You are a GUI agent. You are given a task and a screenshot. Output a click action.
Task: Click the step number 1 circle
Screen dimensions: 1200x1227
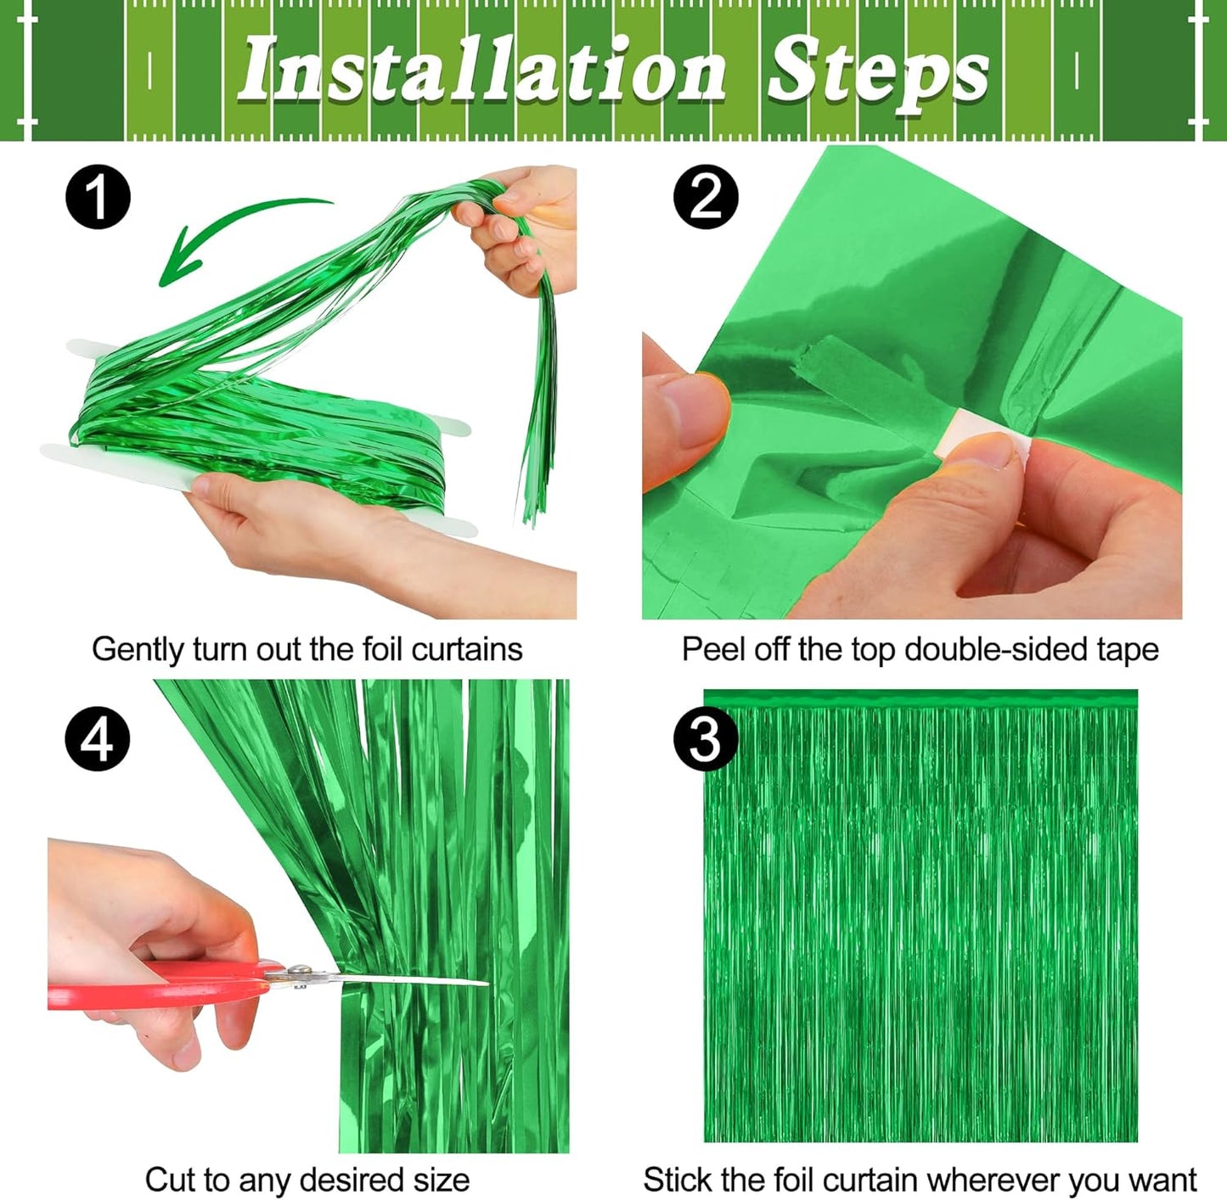(x=98, y=197)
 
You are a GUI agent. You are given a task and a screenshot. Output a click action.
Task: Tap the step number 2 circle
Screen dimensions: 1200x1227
(x=706, y=197)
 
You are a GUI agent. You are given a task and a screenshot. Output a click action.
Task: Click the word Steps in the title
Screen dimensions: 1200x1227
(x=878, y=73)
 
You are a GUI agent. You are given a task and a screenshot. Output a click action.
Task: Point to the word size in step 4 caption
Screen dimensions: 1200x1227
(x=441, y=1180)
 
